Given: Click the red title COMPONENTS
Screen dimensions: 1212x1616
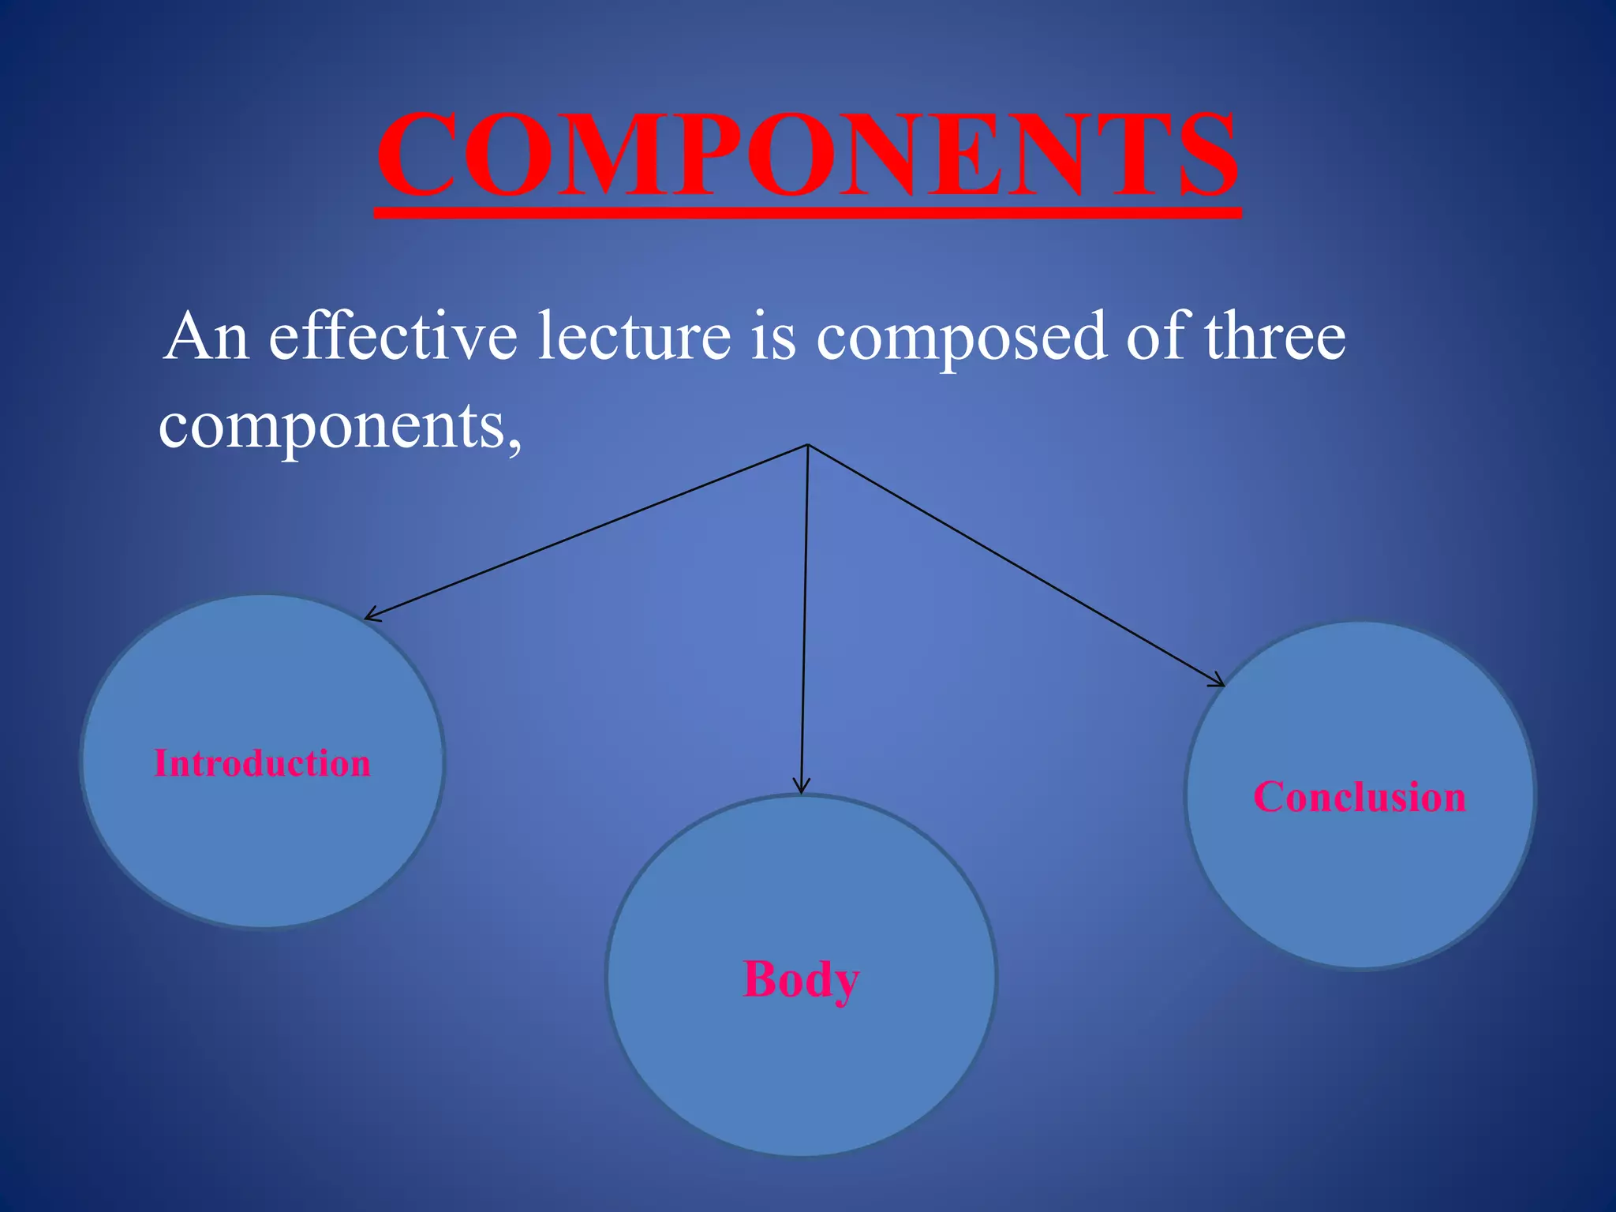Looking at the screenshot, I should (x=807, y=154).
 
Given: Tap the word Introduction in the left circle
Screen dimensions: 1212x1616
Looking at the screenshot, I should (x=262, y=764).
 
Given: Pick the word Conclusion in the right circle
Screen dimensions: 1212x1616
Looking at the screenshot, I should (x=1360, y=797).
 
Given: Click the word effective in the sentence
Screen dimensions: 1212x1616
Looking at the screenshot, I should (x=393, y=337).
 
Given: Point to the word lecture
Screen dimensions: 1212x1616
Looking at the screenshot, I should (x=634, y=337).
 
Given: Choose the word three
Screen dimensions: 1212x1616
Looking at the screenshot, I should (x=1274, y=337).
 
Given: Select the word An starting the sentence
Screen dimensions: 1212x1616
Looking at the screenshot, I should (x=207, y=337).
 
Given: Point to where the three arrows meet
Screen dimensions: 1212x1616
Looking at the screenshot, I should (x=808, y=445).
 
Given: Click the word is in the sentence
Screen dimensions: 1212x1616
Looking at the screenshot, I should (x=773, y=337).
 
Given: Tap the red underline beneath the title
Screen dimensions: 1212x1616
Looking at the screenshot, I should (x=807, y=213).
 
